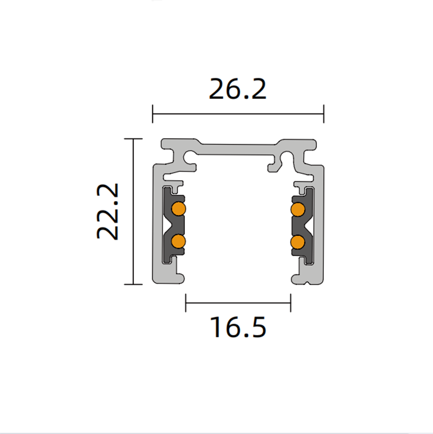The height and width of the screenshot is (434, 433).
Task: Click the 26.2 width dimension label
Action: click(x=237, y=89)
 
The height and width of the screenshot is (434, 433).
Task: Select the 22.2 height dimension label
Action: click(x=108, y=211)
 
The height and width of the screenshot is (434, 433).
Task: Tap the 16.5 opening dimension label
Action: click(x=238, y=327)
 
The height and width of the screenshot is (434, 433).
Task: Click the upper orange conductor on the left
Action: click(x=178, y=209)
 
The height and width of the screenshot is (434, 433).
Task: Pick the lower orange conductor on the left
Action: click(x=178, y=242)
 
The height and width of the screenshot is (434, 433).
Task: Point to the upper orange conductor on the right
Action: click(x=298, y=209)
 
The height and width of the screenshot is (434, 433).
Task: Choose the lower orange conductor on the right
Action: click(x=298, y=242)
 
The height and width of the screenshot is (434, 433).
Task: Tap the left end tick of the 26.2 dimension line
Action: click(x=152, y=114)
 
